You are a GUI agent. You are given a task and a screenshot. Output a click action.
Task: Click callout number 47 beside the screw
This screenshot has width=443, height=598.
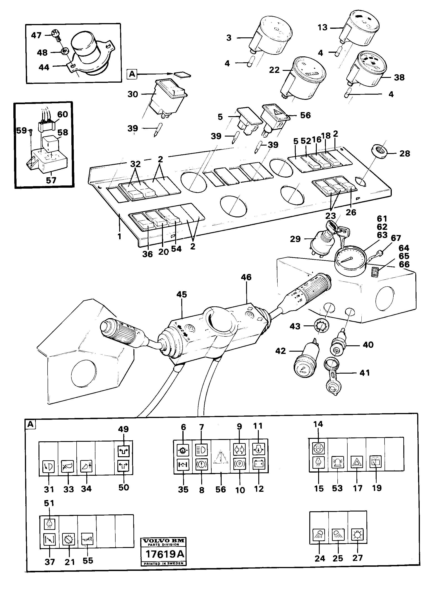click(36, 35)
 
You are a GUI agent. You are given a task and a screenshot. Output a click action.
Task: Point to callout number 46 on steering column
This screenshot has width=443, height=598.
click(246, 277)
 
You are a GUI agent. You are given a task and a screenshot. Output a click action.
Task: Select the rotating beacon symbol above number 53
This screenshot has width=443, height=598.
click(338, 462)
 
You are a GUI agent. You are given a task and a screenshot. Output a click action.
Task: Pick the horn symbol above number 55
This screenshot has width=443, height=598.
click(87, 540)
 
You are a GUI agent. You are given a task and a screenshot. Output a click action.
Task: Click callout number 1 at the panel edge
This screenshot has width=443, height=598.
click(119, 237)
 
